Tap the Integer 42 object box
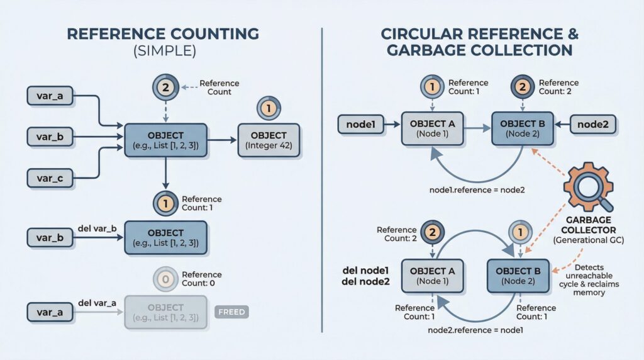point(269,140)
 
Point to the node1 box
point(361,125)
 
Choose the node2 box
point(592,125)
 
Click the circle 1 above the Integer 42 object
point(269,109)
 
